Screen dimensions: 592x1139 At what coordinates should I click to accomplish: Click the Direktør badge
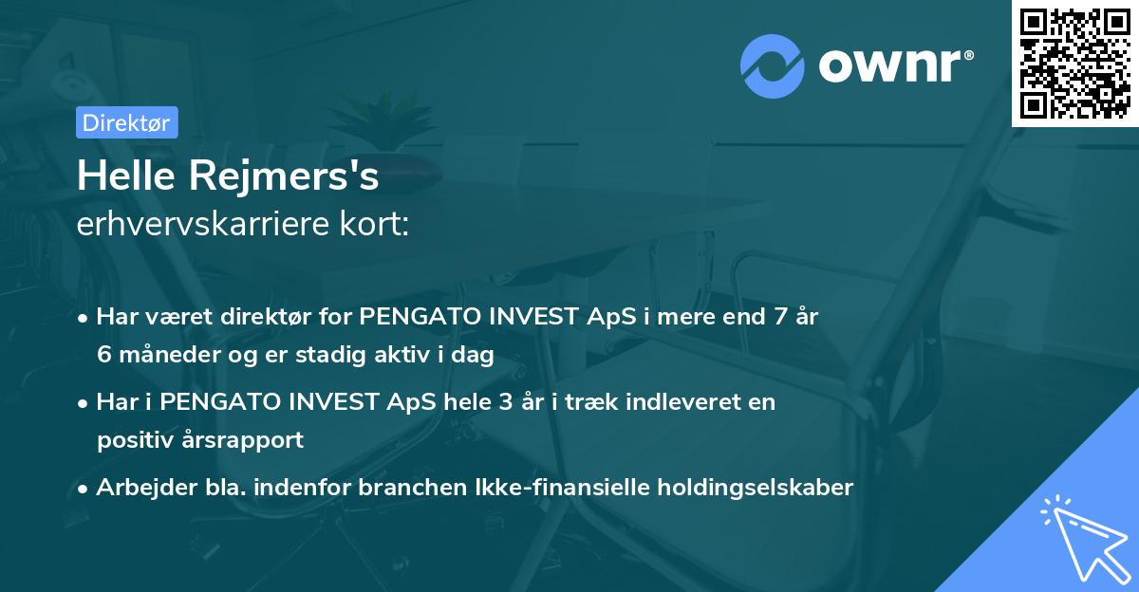(126, 122)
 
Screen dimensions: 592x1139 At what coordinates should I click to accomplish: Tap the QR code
(1075, 64)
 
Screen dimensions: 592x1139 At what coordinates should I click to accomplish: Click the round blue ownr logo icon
(772, 65)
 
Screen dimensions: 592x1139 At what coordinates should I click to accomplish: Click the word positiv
(134, 440)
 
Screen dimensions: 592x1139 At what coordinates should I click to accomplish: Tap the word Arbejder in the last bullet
(140, 488)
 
